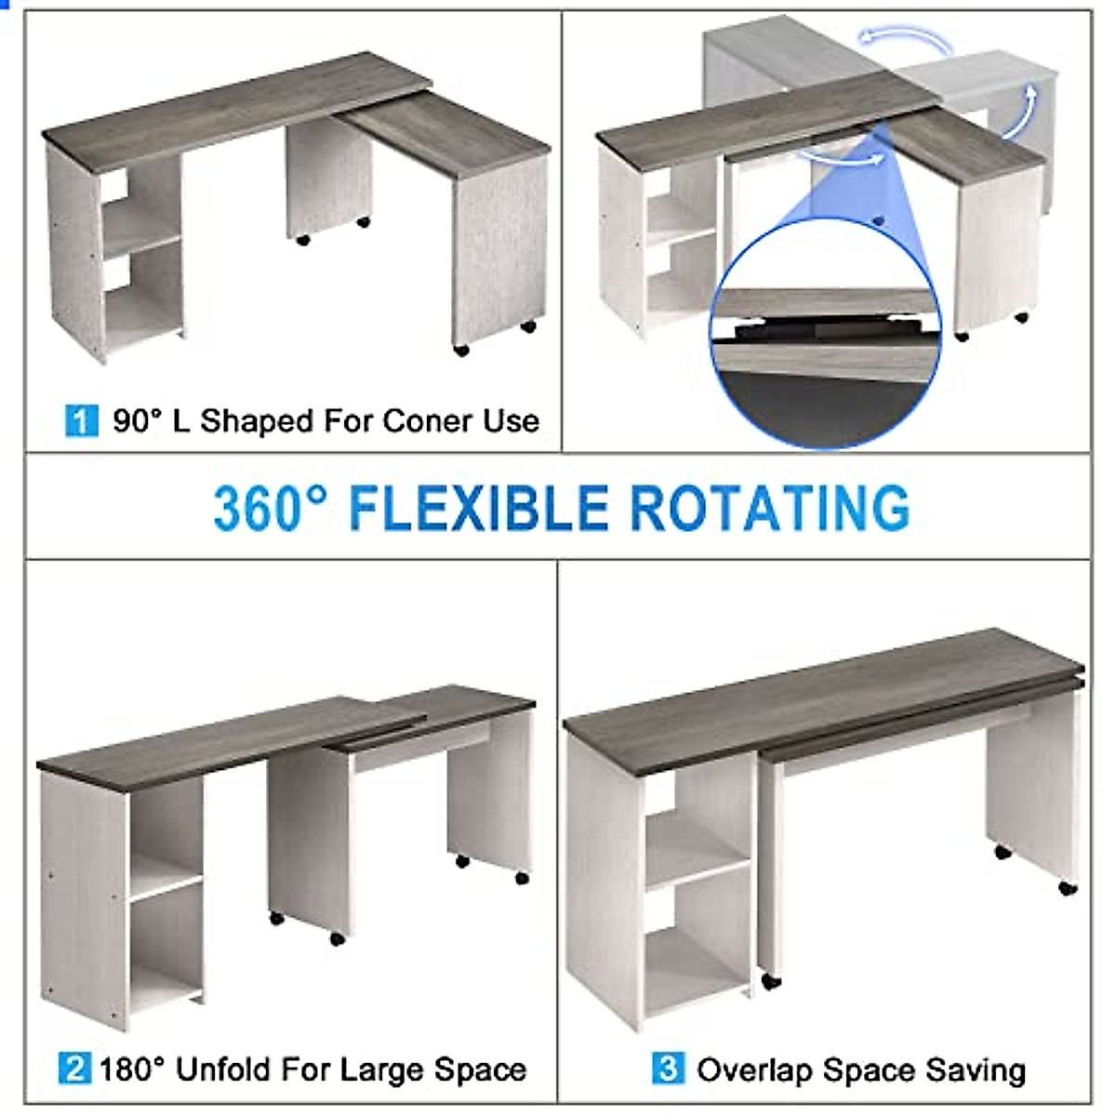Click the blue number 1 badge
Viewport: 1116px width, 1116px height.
pos(81,420)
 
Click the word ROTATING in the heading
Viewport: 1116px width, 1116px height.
pos(769,508)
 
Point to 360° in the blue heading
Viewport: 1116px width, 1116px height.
pos(271,508)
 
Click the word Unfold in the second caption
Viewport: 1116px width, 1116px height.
pos(223,1069)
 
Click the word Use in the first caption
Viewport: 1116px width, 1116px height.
pos(511,421)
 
